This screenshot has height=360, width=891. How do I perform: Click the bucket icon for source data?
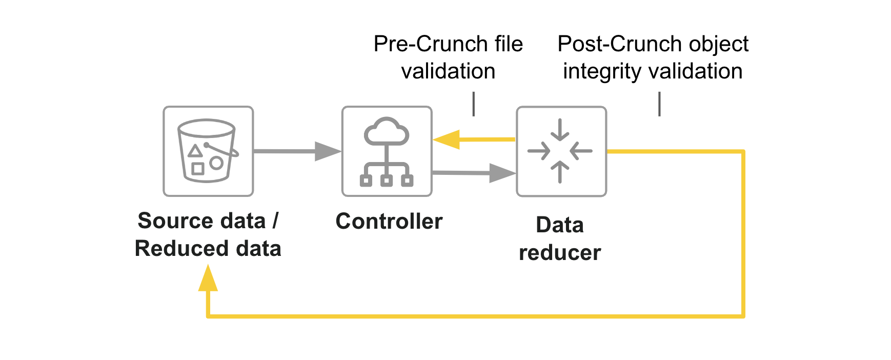point(208,151)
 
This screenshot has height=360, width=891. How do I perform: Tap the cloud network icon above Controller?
point(387,151)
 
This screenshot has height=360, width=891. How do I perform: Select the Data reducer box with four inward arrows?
point(561,151)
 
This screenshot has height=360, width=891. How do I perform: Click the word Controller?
point(389,222)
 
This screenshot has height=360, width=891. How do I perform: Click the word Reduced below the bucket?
point(174,249)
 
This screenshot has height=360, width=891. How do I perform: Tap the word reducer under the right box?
point(560,253)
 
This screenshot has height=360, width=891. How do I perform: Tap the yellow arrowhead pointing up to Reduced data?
point(208,278)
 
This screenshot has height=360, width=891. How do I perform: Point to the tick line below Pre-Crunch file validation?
point(474,104)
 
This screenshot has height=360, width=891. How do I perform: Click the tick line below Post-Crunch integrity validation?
point(659,104)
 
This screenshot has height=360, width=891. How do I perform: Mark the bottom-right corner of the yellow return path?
point(742,316)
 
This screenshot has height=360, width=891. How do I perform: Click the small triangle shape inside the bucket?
point(195,151)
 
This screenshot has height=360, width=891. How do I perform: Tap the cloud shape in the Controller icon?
point(387,132)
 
